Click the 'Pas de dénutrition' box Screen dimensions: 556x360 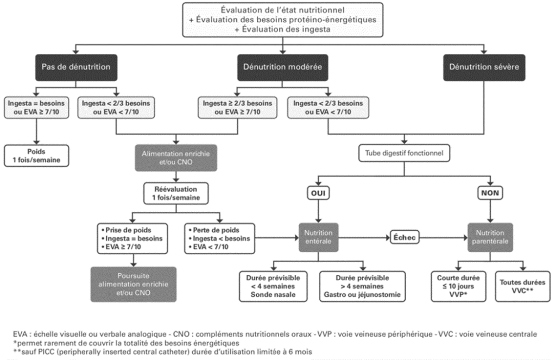click(76, 67)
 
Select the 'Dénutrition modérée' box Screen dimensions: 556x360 click(282, 67)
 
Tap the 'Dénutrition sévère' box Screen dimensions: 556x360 click(484, 67)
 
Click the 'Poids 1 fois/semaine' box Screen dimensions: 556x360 click(36, 156)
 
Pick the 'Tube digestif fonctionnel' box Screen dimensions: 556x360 click(404, 153)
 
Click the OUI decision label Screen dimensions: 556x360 click(318, 193)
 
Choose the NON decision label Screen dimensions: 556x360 click(490, 193)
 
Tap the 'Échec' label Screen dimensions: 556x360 click(404, 238)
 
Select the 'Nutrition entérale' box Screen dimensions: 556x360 click(318, 237)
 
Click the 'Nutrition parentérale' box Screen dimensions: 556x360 click(490, 237)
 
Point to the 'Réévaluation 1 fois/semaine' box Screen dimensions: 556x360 click(176, 193)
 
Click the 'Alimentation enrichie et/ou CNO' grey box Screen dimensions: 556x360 click(176, 158)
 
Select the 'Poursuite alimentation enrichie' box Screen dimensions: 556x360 click(134, 285)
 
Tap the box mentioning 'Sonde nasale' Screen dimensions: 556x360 click(273, 287)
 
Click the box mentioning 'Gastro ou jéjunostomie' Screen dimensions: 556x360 click(362, 287)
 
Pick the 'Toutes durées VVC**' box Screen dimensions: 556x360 click(523, 287)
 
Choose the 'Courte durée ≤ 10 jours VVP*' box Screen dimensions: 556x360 click(458, 287)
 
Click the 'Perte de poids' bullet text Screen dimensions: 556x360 click(216, 230)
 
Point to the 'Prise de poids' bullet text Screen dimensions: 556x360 click(128, 230)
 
